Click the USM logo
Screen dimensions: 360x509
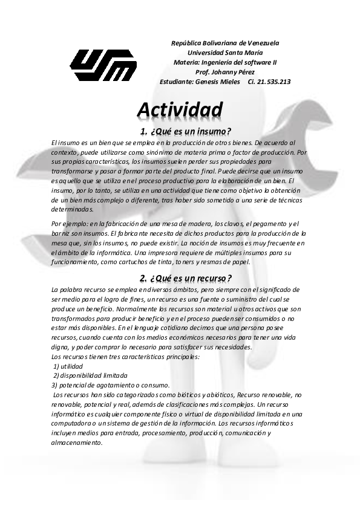[x=103, y=64]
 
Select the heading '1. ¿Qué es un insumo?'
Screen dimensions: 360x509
[x=186, y=132]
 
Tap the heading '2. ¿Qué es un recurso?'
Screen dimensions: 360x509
[x=185, y=277]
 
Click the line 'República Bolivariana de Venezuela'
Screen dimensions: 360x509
[x=225, y=43]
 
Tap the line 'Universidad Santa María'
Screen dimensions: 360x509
[x=225, y=53]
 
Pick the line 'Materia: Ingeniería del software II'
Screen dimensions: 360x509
[x=225, y=62]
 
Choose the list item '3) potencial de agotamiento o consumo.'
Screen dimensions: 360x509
[x=111, y=385]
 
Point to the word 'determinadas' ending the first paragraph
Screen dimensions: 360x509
[x=73, y=210]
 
